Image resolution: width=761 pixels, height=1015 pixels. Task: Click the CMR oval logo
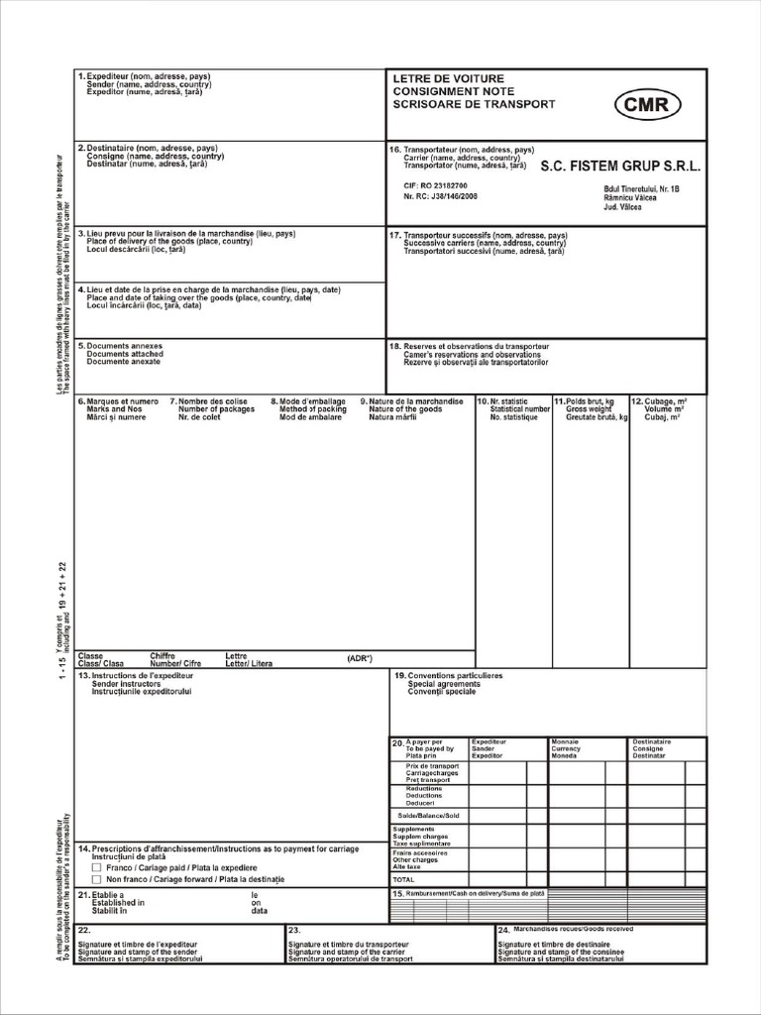pyautogui.click(x=648, y=104)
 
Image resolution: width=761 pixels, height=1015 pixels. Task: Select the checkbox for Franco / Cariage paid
pyautogui.click(x=96, y=866)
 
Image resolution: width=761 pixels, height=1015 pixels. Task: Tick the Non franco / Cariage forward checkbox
pyautogui.click(x=96, y=879)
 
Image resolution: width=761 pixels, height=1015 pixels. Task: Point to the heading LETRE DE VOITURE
pyautogui.click(x=448, y=78)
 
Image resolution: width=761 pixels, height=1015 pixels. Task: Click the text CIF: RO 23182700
pyautogui.click(x=436, y=185)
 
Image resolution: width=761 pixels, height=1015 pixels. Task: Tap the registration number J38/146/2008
pyautogui.click(x=436, y=196)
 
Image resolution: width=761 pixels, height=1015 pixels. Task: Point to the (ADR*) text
pyautogui.click(x=359, y=657)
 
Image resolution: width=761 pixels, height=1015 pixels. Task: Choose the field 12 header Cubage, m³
pyautogui.click(x=665, y=401)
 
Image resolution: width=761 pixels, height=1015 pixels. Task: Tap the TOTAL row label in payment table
pyautogui.click(x=404, y=879)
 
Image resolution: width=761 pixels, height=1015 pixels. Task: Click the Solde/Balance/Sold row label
pyautogui.click(x=428, y=815)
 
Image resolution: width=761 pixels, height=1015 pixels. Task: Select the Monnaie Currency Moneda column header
pyautogui.click(x=566, y=748)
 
